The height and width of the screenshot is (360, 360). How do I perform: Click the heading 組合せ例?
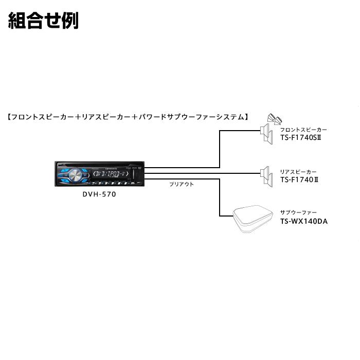43,21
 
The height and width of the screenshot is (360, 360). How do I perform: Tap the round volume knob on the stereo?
75,176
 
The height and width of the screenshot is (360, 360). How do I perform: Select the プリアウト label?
182,184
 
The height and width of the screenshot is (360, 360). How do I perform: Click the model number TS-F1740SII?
304,138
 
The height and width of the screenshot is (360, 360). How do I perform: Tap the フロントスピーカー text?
303,130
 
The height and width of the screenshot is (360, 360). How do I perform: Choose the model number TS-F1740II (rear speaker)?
301,180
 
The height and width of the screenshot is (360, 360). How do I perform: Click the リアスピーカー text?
298,172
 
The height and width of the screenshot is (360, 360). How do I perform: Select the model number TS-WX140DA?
304,222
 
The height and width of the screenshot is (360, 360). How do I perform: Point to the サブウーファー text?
298,213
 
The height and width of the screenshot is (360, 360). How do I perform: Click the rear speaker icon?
265,175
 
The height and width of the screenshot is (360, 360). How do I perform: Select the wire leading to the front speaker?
220,149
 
